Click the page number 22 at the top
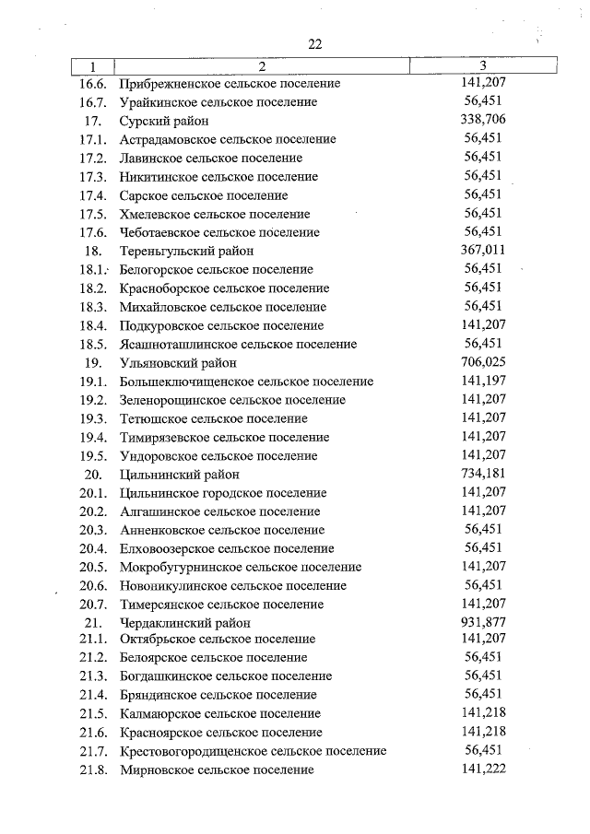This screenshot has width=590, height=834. [315, 44]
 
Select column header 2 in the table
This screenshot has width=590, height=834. [261, 65]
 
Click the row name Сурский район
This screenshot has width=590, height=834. [164, 121]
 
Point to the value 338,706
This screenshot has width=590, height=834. [483, 120]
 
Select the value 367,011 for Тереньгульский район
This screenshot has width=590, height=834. [483, 250]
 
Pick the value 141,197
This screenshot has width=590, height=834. [483, 381]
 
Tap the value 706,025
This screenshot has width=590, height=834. [483, 362]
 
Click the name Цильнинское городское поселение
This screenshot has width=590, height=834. [223, 493]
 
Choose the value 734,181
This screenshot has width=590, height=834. [483, 474]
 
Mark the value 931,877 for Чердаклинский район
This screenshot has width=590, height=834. [483, 622]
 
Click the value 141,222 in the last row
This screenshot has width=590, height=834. [483, 769]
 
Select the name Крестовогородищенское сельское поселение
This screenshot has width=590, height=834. [253, 751]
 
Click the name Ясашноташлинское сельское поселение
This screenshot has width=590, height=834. [238, 345]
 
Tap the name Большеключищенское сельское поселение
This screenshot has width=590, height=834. [246, 382]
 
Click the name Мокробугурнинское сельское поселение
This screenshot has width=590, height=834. [241, 567]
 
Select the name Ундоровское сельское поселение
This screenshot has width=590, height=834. [218, 456]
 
